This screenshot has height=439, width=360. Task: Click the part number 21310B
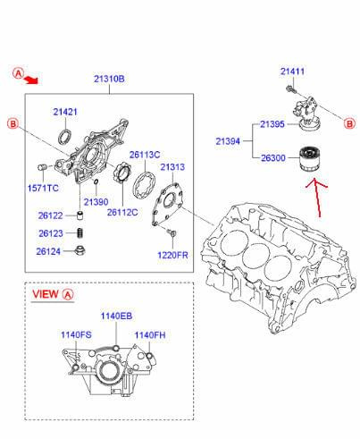(109, 79)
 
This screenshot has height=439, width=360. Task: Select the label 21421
(65, 112)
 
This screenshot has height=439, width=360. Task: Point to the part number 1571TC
(43, 188)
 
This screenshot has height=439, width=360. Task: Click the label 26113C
(145, 155)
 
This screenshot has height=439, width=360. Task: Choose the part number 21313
(172, 167)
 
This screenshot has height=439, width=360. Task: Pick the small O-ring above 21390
(96, 182)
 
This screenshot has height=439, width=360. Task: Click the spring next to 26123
(80, 233)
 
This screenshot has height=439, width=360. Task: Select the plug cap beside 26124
(80, 250)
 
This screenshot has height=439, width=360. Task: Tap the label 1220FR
(172, 255)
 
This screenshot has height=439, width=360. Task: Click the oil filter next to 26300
(310, 159)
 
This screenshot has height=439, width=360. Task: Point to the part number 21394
(228, 141)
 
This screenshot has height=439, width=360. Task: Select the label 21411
(292, 72)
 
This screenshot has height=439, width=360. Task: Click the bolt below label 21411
(291, 89)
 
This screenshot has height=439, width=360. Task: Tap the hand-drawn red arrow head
(314, 182)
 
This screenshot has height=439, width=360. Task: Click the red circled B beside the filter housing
(350, 123)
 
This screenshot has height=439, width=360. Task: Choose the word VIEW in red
(46, 294)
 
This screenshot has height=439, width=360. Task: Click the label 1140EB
(116, 316)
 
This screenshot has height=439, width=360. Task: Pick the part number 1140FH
(150, 335)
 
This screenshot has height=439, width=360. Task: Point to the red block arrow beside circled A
(31, 80)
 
